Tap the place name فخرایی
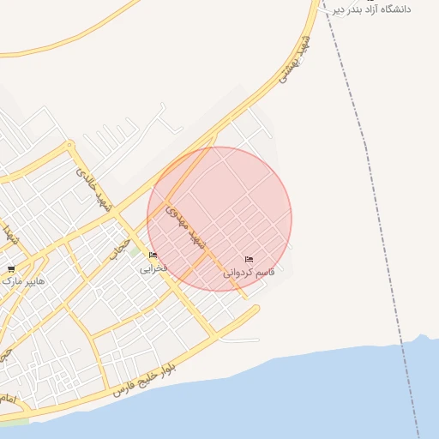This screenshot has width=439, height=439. click(154, 268)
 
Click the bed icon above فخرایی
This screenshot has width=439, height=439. click(153, 256)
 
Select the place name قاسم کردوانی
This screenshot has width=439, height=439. click(249, 272)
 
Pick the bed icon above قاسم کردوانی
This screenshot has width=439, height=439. click(249, 259)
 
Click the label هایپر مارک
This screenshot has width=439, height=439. click(24, 280)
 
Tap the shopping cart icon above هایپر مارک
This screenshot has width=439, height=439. click(10, 268)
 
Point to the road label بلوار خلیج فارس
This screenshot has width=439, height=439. click(148, 377)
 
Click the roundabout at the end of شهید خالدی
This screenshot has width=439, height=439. click(71, 146)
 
